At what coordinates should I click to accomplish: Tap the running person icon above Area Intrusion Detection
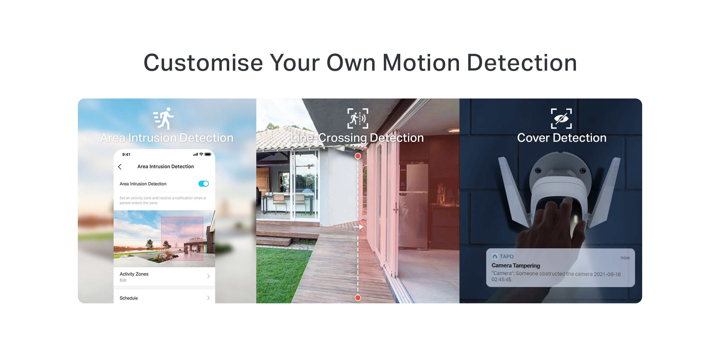click(164, 118)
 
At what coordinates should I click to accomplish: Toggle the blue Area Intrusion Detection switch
click(203, 184)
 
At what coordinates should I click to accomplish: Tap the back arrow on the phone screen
click(120, 167)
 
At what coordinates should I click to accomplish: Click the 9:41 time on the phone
click(126, 154)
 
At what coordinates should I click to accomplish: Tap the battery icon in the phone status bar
click(208, 154)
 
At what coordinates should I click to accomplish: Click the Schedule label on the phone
click(128, 298)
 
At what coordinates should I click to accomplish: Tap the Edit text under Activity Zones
click(123, 280)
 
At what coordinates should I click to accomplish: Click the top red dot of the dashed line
click(358, 156)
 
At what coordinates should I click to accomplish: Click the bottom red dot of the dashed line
click(358, 298)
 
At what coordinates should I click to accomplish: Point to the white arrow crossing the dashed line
click(359, 227)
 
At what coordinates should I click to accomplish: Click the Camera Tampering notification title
click(516, 265)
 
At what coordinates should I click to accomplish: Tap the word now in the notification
click(625, 258)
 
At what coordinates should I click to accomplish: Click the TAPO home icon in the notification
click(495, 256)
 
